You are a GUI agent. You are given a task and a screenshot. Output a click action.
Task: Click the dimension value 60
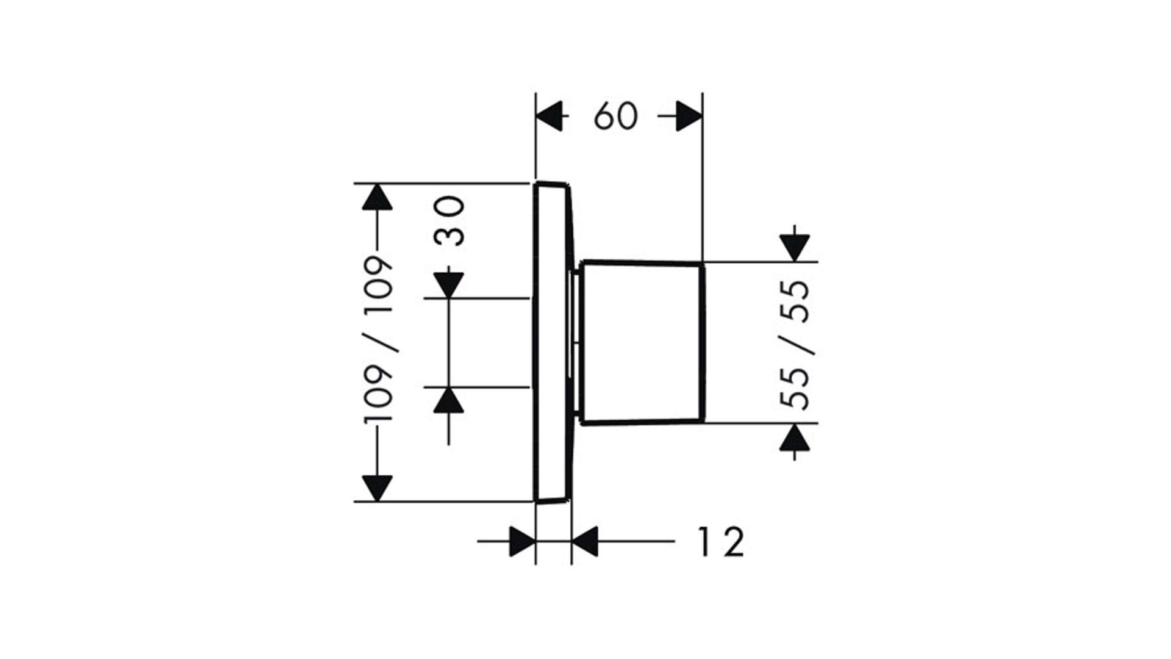pyautogui.click(x=616, y=116)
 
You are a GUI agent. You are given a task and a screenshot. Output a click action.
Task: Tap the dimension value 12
pyautogui.click(x=721, y=542)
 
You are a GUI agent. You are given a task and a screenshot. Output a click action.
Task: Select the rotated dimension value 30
pyautogui.click(x=450, y=220)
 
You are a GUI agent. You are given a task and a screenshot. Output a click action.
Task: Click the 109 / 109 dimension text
pyautogui.click(x=378, y=339)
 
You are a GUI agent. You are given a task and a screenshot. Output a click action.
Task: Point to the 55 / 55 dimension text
pyautogui.click(x=796, y=345)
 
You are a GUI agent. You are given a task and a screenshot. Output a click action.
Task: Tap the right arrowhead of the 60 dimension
pyautogui.click(x=690, y=116)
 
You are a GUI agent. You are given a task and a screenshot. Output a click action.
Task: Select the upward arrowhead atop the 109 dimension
pyautogui.click(x=377, y=196)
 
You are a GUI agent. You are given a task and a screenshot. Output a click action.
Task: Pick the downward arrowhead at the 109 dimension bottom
pyautogui.click(x=377, y=488)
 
